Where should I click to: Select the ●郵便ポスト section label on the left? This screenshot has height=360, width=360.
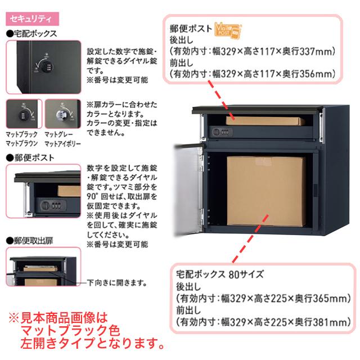pyautogui.click(x=28, y=157)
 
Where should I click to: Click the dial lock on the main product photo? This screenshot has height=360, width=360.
pyautogui.click(x=220, y=133)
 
